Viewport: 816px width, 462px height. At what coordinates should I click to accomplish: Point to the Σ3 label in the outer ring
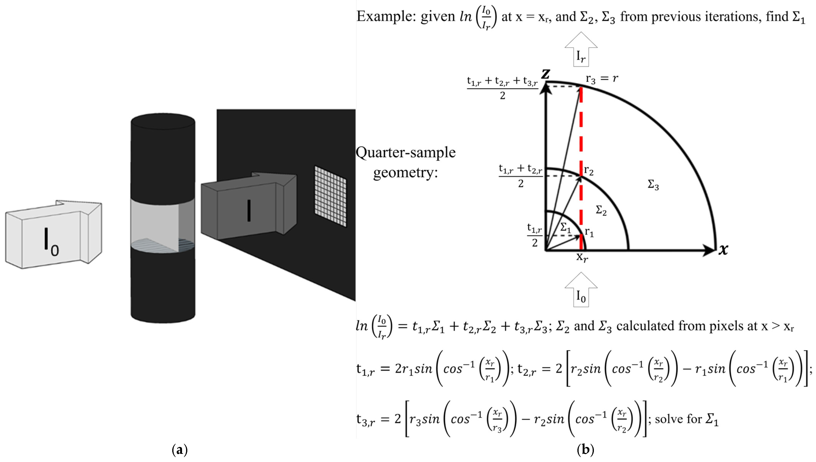click(x=653, y=185)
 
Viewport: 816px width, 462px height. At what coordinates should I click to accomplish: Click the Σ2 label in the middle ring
click(x=601, y=210)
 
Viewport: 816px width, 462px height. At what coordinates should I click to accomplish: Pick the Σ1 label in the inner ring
click(x=566, y=227)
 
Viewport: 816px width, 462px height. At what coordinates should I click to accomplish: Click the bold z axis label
click(x=546, y=74)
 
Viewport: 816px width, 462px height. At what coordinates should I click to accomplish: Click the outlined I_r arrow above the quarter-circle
click(x=581, y=51)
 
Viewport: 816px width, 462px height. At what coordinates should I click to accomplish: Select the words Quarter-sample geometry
click(x=406, y=162)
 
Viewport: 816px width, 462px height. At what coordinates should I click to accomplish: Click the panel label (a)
click(x=180, y=450)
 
